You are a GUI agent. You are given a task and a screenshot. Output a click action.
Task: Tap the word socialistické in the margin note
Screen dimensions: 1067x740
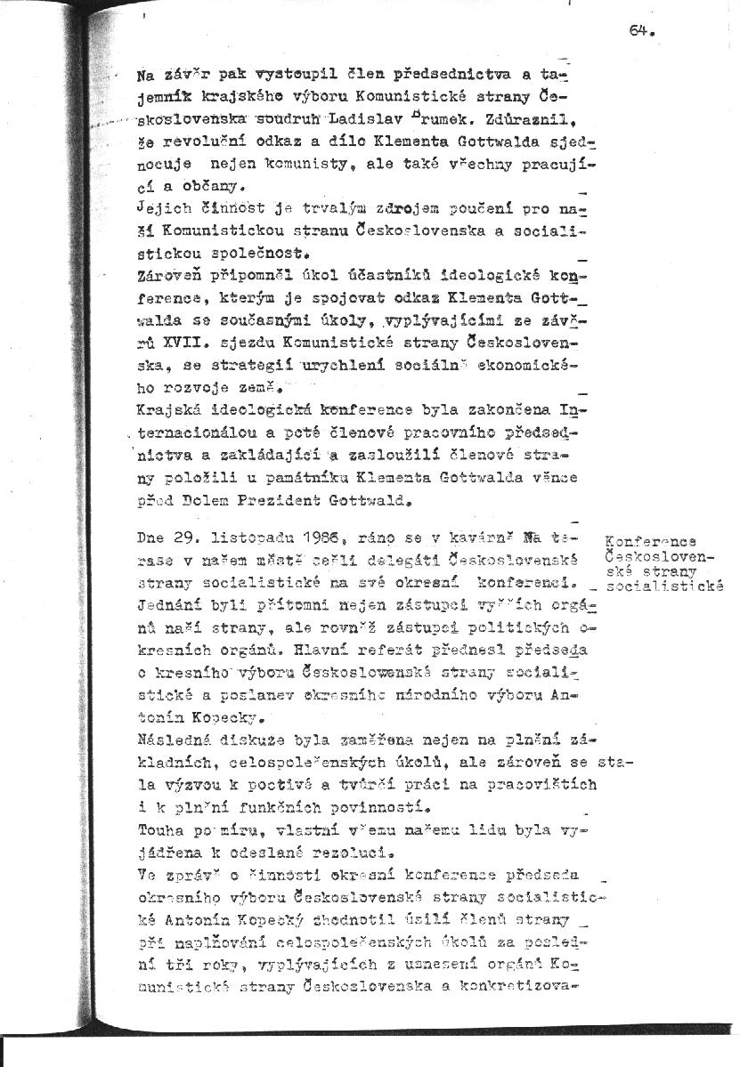[x=664, y=585]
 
